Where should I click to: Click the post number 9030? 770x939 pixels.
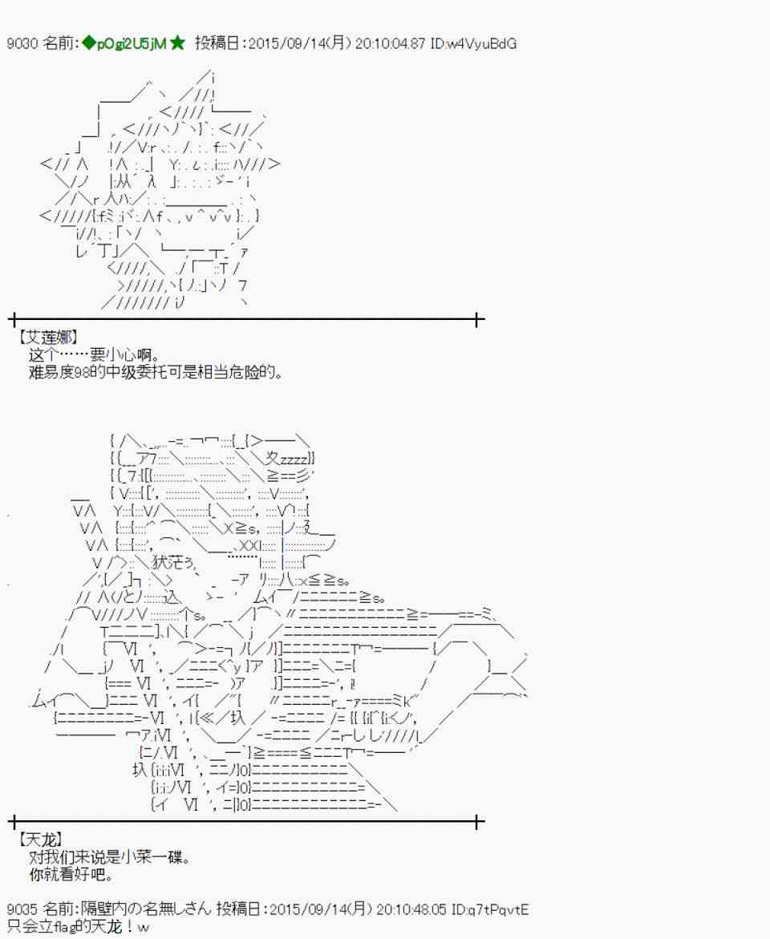pos(20,44)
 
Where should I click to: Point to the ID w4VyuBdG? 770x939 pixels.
pos(484,44)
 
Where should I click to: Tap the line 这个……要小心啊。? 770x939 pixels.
pos(96,355)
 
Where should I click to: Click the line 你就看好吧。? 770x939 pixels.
pos(71,874)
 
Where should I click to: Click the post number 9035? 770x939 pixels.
pos(20,910)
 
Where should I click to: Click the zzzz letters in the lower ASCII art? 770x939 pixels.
pos(295,458)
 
